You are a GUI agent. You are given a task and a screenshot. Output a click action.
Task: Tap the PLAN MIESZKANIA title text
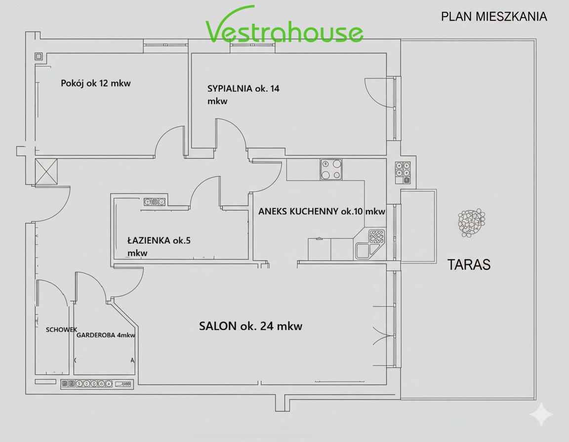[x=494, y=17]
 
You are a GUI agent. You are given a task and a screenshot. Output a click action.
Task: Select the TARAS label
[x=468, y=264]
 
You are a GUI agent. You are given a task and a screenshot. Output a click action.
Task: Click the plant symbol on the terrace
[x=472, y=223]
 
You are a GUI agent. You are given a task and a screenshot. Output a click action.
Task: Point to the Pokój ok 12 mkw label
[x=96, y=83]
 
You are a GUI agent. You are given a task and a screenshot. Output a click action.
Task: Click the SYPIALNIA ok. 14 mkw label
[x=243, y=95]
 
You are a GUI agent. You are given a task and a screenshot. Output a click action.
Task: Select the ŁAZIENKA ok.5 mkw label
[x=159, y=246]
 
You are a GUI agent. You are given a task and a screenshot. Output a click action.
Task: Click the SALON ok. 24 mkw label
[x=250, y=326]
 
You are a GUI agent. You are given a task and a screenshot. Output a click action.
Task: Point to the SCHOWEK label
[x=61, y=330]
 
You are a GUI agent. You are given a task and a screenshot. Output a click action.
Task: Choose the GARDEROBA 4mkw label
[x=106, y=335]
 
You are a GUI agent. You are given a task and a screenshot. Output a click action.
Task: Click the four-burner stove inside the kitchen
[x=331, y=170]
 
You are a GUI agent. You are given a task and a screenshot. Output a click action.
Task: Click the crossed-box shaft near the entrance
[x=46, y=172]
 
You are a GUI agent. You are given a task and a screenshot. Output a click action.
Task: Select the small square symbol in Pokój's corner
[x=39, y=56]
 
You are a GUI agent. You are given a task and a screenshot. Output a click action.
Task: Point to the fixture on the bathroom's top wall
[x=155, y=201]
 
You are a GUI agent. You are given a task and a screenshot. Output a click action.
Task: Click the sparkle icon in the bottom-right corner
[x=541, y=414]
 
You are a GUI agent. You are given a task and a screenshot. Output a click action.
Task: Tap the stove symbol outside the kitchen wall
[x=403, y=172]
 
